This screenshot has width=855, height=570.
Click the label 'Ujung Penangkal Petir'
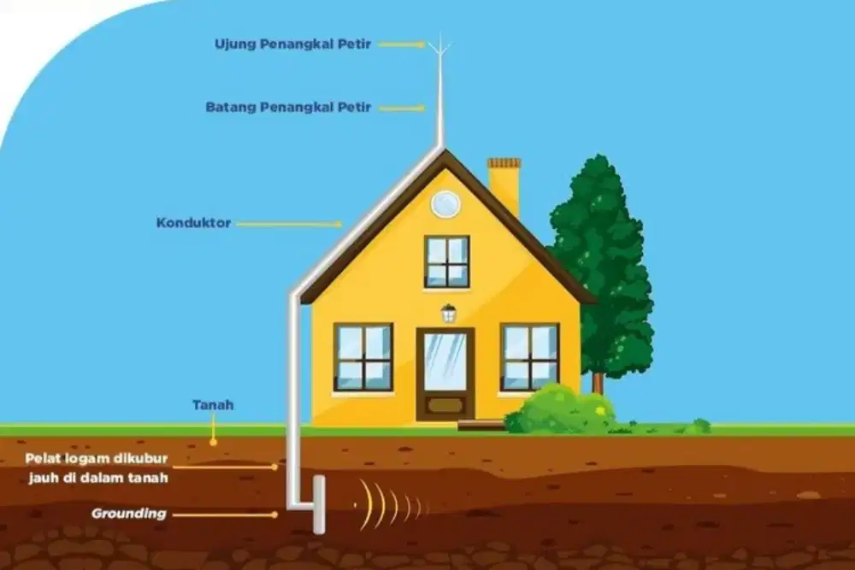292,44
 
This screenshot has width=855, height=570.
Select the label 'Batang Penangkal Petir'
288,107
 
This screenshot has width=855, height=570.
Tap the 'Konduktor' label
193,222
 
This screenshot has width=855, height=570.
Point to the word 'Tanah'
213,405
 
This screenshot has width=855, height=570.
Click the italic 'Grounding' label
129,514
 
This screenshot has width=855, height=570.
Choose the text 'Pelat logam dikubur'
97,458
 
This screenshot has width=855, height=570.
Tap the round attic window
445,204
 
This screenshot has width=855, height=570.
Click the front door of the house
445,373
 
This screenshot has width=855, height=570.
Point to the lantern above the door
449,314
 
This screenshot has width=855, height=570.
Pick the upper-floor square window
447,261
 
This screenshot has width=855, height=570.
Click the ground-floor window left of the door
363,357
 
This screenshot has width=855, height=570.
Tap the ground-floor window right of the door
530,357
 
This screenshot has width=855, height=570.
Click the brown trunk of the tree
598,383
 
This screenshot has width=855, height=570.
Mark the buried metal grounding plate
319,504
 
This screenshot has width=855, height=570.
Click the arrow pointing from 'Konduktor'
290,223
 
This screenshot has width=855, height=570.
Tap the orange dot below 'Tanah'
213,443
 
